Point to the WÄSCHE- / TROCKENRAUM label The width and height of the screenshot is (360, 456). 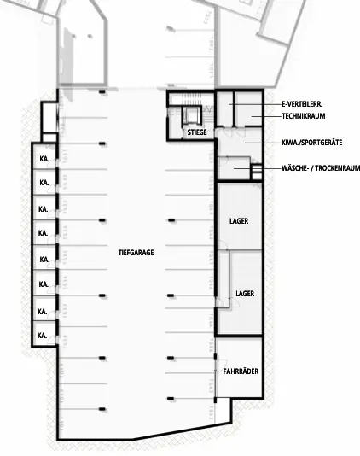click(x=320, y=169)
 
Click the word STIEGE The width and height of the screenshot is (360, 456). click(x=196, y=133)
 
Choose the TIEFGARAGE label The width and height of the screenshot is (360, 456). click(x=136, y=253)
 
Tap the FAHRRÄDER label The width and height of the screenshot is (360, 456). click(x=241, y=372)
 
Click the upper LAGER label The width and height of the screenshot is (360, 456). click(x=239, y=221)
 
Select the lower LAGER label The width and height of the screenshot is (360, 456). click(x=245, y=293)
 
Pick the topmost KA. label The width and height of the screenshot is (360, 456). click(x=42, y=159)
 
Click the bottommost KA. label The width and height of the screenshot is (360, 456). click(x=42, y=336)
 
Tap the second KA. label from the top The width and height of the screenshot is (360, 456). click(x=42, y=184)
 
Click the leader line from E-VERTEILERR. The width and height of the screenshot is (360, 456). click(x=256, y=103)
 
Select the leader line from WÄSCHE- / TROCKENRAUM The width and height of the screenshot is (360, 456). click(x=268, y=169)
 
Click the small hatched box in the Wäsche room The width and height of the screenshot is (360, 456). click(x=256, y=173)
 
